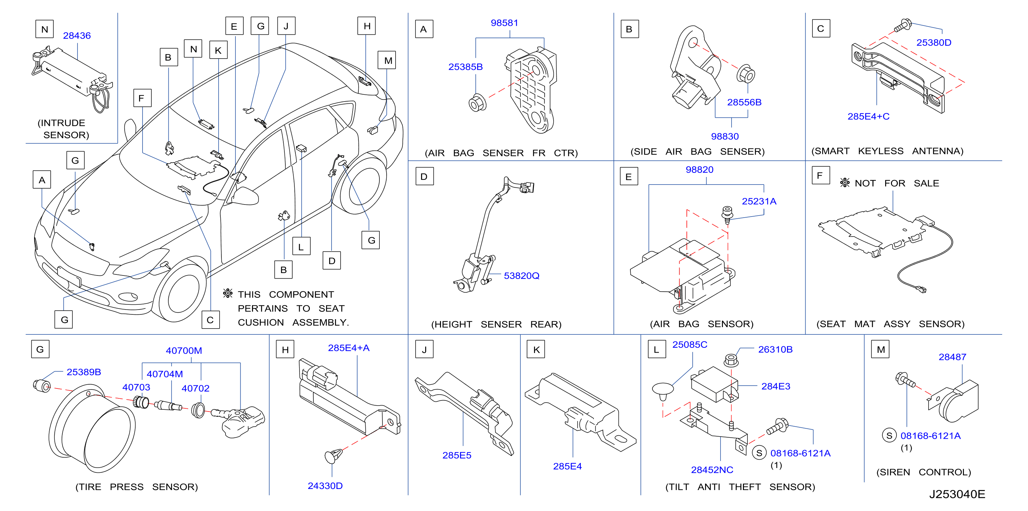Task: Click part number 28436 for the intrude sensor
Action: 77,36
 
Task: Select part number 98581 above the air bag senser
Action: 504,23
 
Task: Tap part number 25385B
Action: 465,67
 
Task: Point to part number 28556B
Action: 744,103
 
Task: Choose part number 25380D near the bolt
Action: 934,43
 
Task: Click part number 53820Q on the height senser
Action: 522,276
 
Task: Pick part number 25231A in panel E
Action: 759,201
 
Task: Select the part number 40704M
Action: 165,374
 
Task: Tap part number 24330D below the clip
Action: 325,486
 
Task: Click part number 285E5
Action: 457,456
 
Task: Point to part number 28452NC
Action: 712,470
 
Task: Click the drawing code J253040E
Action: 957,494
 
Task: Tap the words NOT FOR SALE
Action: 897,184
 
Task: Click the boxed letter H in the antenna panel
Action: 285,350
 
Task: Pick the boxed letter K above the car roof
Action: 218,50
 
